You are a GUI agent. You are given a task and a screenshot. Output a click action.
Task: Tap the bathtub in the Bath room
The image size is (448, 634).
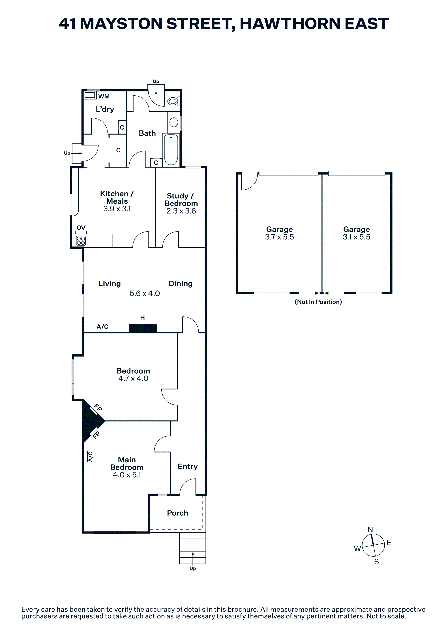tap(171, 150)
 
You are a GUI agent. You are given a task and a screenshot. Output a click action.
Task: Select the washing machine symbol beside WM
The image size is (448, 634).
tap(90, 95)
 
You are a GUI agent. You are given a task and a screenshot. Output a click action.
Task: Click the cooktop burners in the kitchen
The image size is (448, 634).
tap(81, 241)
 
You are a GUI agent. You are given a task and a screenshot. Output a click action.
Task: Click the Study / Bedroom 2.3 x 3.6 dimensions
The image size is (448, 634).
tap(181, 211)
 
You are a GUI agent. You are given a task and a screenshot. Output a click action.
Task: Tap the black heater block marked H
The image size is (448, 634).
tap(143, 328)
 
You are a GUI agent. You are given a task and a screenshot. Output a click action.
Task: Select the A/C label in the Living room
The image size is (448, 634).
tap(102, 327)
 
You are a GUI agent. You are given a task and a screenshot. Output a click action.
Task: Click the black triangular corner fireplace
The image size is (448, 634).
tap(91, 421)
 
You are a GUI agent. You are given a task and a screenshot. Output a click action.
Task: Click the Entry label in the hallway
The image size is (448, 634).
tap(188, 467)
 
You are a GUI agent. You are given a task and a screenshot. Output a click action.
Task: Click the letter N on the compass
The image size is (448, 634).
tap(370, 529)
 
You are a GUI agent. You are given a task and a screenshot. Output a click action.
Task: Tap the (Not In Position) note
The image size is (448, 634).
tap(318, 302)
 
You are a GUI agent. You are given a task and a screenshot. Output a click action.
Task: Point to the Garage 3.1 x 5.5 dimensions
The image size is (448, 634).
tap(357, 237)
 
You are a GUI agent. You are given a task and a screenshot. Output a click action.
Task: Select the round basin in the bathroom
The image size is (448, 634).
tap(174, 122)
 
